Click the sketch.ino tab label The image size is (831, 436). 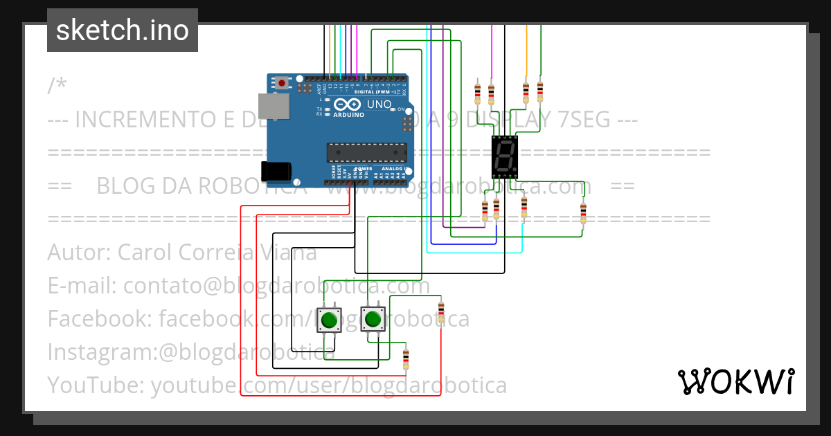coord(123,30)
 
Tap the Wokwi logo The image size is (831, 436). coord(735,381)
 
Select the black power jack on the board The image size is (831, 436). coord(274,171)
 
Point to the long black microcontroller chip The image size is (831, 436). coord(366,152)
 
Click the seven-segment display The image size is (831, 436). coord(504,158)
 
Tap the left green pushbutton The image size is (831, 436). coord(329,320)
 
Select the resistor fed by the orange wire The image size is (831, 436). coord(526,92)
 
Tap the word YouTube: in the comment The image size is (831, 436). coord(96,385)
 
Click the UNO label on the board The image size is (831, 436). coord(378,105)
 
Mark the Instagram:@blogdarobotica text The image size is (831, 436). coord(191,352)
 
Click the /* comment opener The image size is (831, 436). coord(57,86)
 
